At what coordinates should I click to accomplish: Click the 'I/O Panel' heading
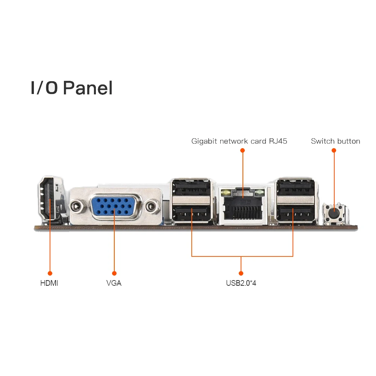click(71, 88)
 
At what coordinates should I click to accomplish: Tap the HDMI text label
click(49, 283)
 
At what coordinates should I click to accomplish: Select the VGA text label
click(114, 283)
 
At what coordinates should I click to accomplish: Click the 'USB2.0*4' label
click(241, 283)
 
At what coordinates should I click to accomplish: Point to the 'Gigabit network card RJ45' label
click(239, 141)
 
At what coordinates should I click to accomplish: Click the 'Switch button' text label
click(335, 141)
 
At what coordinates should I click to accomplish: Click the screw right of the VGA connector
click(152, 206)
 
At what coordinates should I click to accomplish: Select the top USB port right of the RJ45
click(295, 187)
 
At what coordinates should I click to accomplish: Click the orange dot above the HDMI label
click(50, 273)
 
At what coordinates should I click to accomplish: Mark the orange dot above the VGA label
click(114, 273)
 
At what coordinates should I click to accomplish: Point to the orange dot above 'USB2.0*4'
click(241, 273)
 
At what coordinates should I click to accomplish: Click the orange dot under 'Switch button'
click(334, 150)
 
